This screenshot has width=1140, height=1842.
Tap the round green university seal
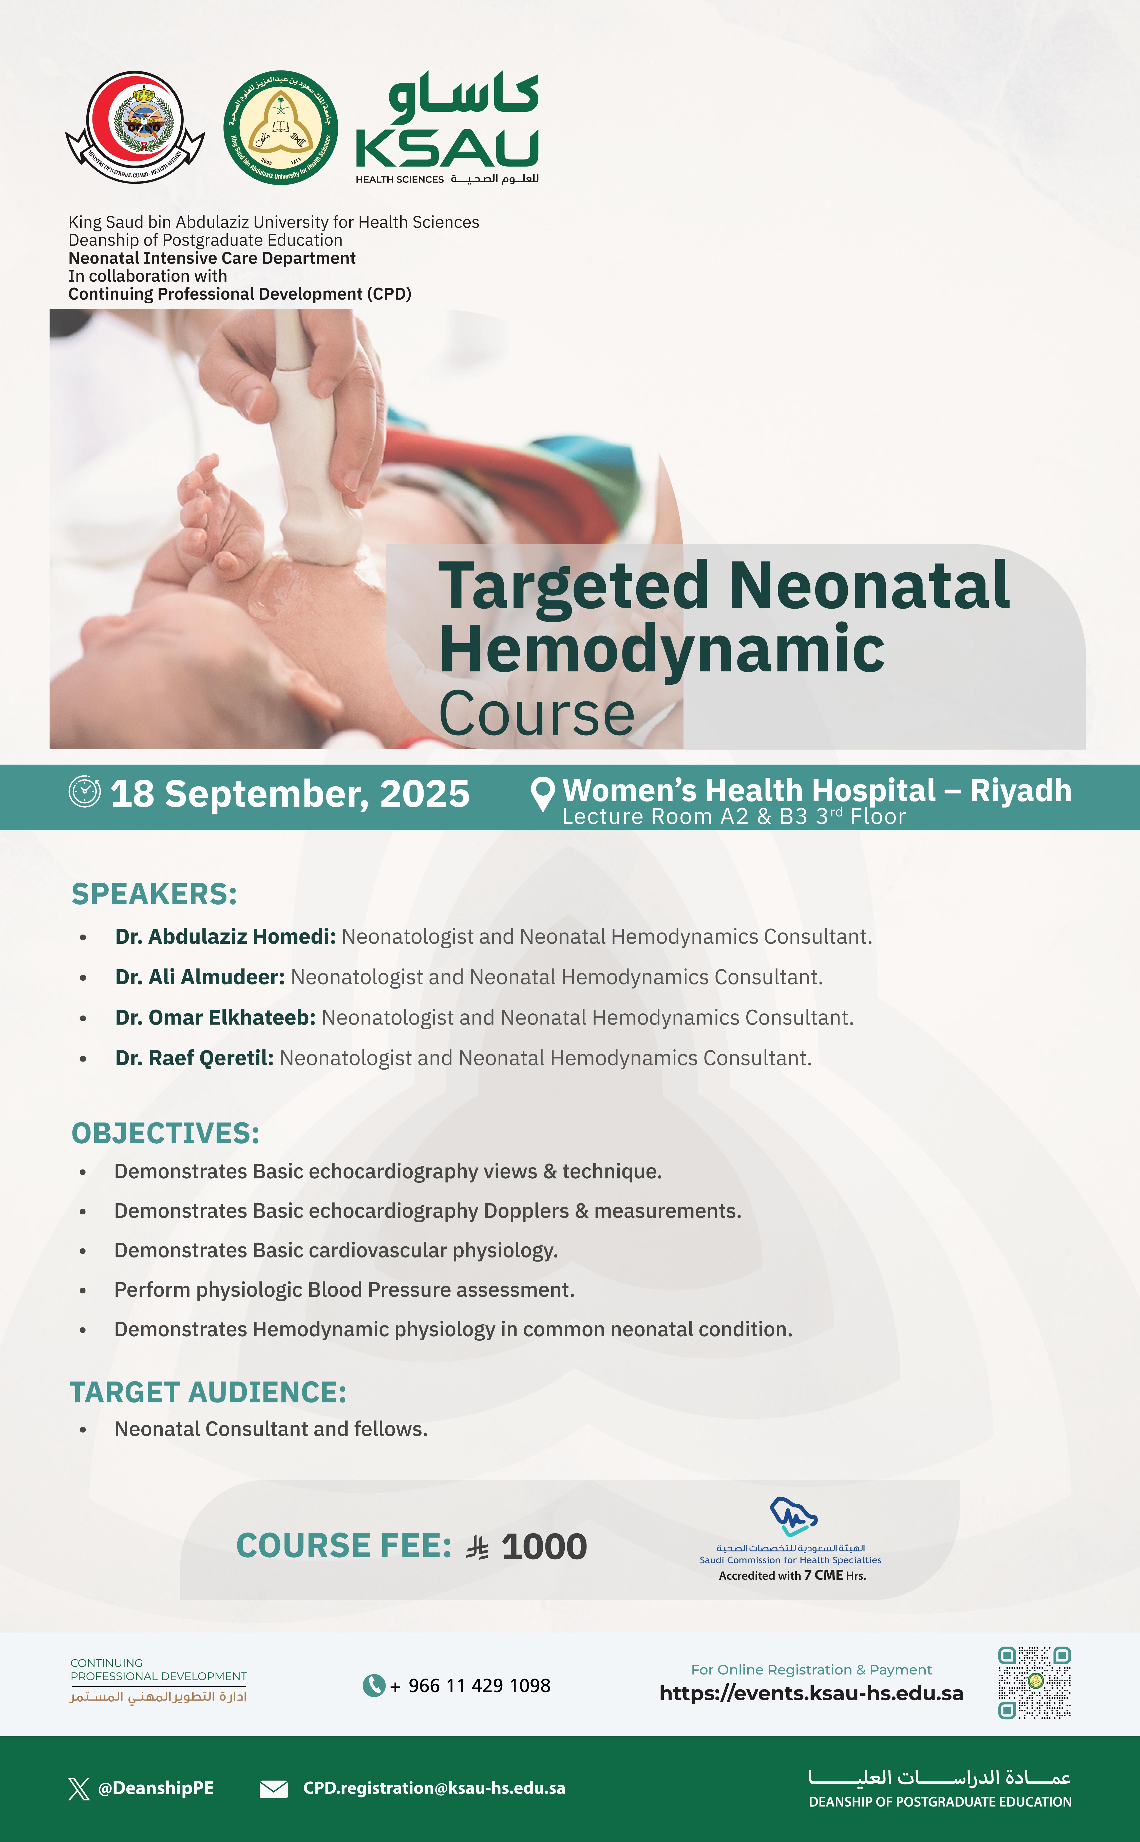tap(280, 127)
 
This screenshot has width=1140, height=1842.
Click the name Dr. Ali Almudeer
tap(200, 977)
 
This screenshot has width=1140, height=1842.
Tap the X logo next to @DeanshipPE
tap(79, 1789)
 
